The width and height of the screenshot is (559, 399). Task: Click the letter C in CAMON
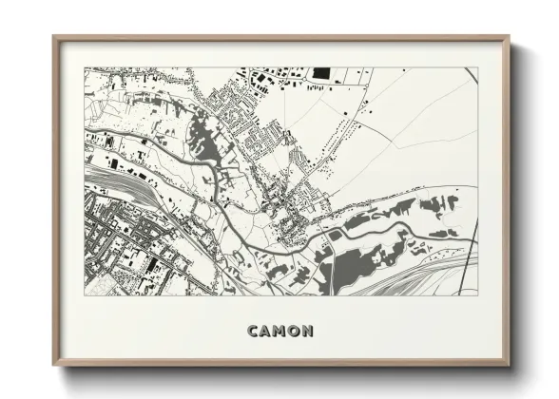coord(254,332)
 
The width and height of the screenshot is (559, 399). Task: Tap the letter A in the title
coord(267,332)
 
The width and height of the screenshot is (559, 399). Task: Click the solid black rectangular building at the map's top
coord(320,72)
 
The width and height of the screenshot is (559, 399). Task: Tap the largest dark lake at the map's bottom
coord(354,258)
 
